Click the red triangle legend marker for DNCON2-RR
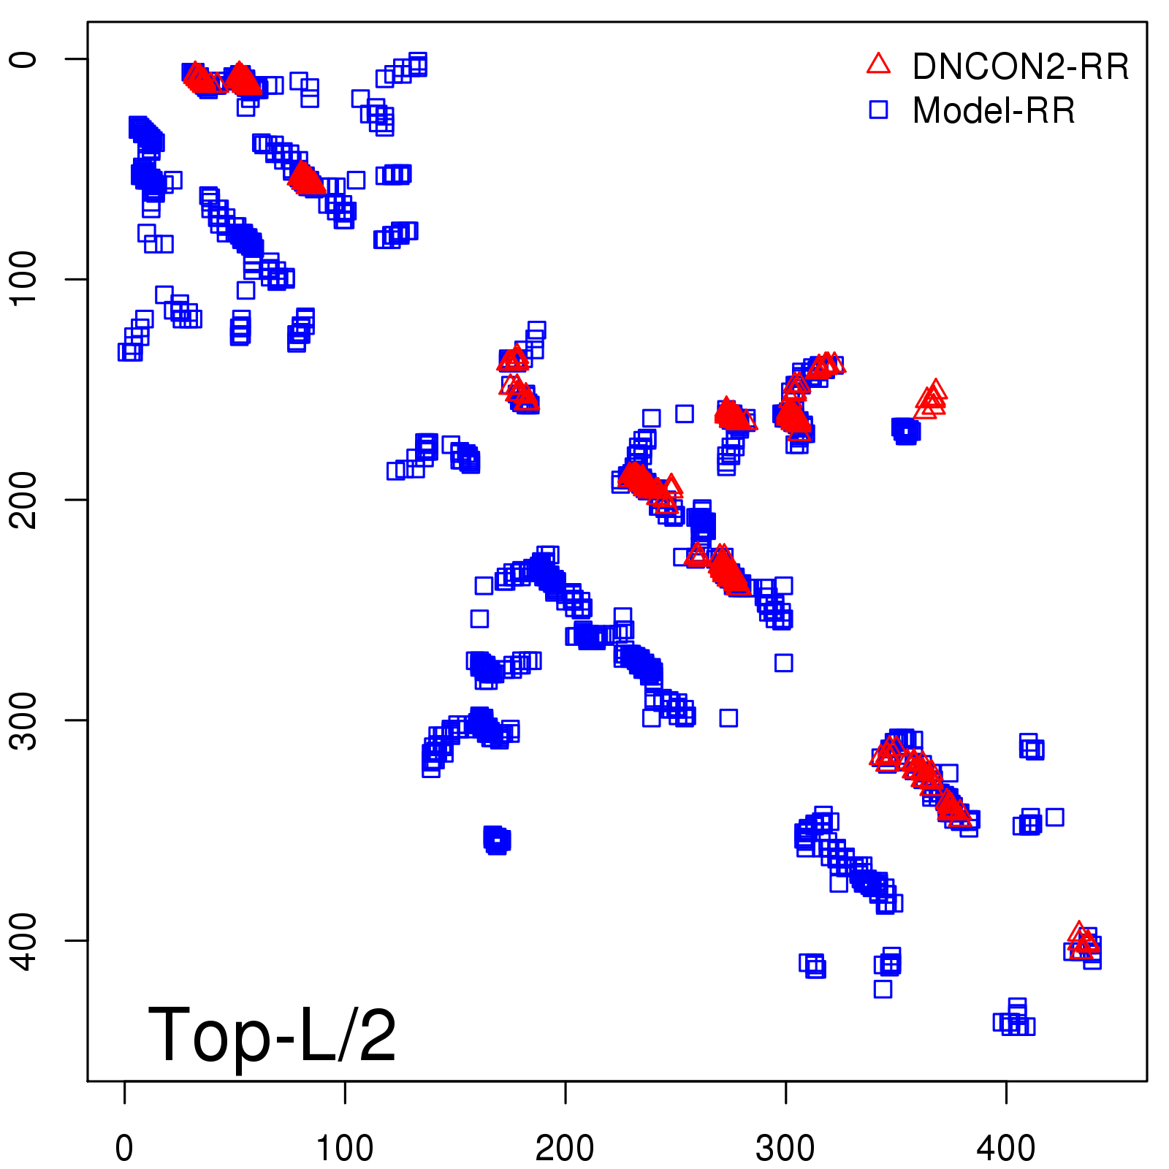[x=878, y=64]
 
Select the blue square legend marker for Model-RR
[x=878, y=110]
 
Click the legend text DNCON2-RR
[x=1020, y=66]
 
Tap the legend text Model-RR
[x=993, y=111]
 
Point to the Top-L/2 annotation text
[x=272, y=1035]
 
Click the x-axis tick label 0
[x=124, y=1149]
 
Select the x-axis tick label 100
[x=344, y=1149]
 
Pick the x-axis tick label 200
[x=565, y=1149]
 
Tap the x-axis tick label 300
[x=785, y=1149]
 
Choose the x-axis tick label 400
[x=1006, y=1149]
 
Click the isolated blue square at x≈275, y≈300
[x=728, y=717]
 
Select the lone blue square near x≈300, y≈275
[x=784, y=663]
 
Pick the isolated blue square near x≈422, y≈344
[x=1054, y=817]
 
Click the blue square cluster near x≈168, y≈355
[x=497, y=840]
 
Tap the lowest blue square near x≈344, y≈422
[x=883, y=989]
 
